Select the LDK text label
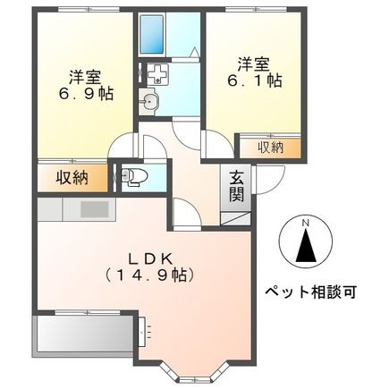[x=146, y=252]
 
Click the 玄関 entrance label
[x=237, y=186]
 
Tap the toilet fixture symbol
[x=134, y=176]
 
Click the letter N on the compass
[x=304, y=223]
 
